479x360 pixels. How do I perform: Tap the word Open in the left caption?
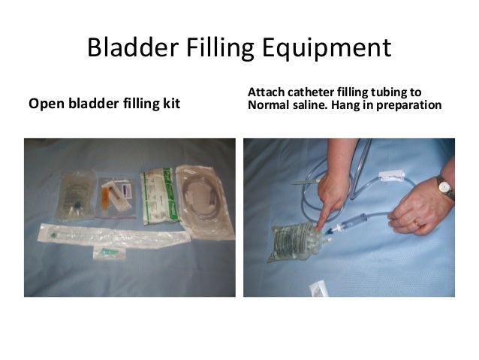click(44, 104)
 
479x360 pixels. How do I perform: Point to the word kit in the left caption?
click(171, 104)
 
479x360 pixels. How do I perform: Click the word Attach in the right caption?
click(266, 92)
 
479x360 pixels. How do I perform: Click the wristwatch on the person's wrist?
click(444, 187)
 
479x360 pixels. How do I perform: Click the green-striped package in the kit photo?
click(158, 192)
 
